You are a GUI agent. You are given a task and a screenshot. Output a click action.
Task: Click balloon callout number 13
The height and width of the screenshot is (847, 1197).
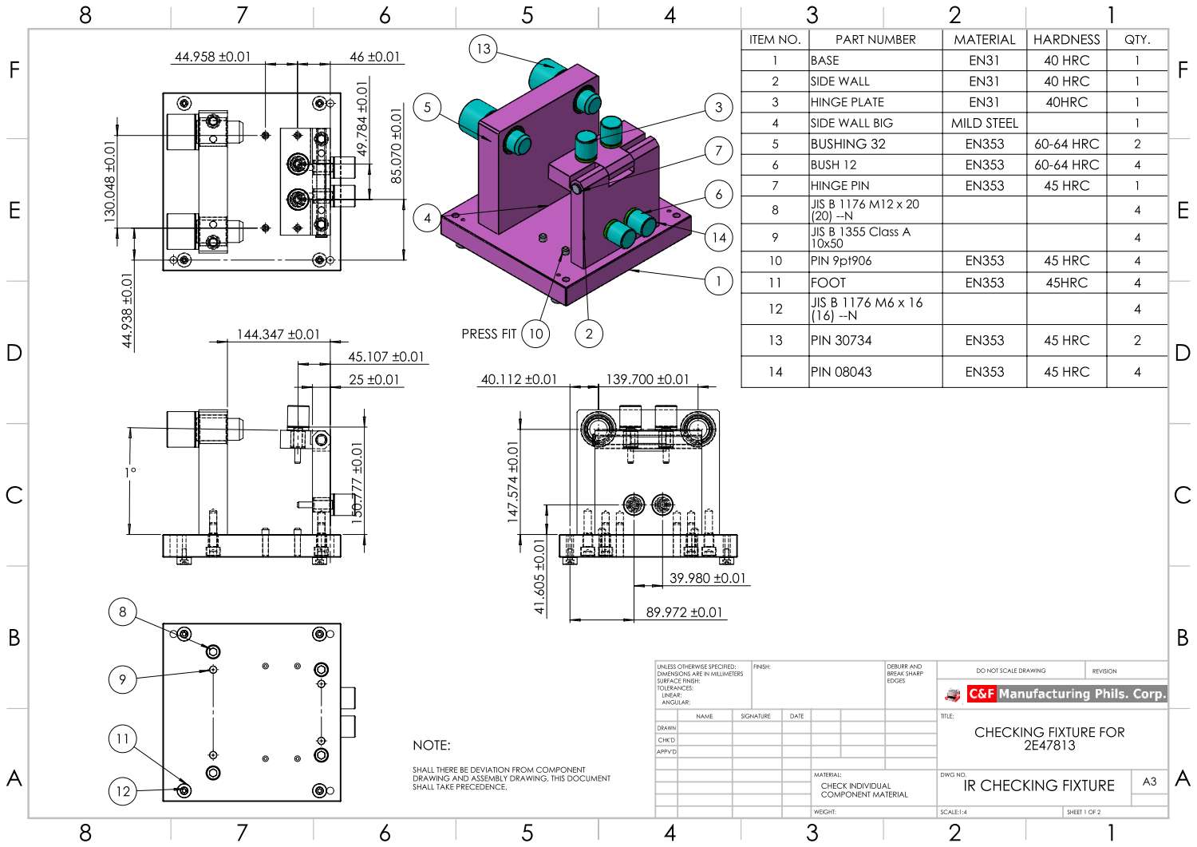(483, 49)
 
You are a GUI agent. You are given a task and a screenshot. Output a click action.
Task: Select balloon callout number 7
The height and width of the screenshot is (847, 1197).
(718, 150)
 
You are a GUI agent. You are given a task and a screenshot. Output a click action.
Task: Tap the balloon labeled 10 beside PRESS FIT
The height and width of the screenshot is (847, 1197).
(535, 334)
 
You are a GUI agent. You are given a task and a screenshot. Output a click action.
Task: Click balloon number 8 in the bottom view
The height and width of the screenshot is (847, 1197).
(122, 612)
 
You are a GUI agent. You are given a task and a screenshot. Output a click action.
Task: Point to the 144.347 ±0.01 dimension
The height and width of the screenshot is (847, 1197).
(278, 334)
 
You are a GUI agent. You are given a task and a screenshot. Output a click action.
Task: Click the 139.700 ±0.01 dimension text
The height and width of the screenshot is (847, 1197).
(646, 379)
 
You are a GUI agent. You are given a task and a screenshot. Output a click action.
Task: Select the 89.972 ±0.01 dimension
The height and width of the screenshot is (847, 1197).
(684, 612)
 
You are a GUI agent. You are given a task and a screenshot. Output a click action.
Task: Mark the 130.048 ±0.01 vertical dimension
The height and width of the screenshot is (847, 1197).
(109, 181)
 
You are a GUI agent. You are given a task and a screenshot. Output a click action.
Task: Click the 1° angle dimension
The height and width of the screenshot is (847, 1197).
(130, 472)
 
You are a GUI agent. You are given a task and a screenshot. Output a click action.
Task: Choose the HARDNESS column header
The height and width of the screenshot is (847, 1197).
(1066, 39)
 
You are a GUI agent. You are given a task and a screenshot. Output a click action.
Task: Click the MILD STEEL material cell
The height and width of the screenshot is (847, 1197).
(984, 123)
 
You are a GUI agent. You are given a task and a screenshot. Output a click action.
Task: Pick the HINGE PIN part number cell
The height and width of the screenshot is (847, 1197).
(839, 185)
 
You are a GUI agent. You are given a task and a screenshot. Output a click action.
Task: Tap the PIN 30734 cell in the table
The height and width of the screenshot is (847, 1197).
(841, 340)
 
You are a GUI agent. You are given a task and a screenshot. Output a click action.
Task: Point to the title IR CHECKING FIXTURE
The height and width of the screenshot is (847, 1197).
(1038, 786)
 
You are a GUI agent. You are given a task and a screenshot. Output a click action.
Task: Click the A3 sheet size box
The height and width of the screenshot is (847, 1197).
(1149, 782)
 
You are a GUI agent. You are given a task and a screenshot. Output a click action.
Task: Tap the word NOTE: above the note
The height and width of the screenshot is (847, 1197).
(431, 745)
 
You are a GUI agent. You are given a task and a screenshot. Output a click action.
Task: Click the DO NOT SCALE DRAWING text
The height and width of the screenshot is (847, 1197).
(1010, 671)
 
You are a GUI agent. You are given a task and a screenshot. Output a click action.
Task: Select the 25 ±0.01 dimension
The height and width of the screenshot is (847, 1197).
(373, 379)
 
